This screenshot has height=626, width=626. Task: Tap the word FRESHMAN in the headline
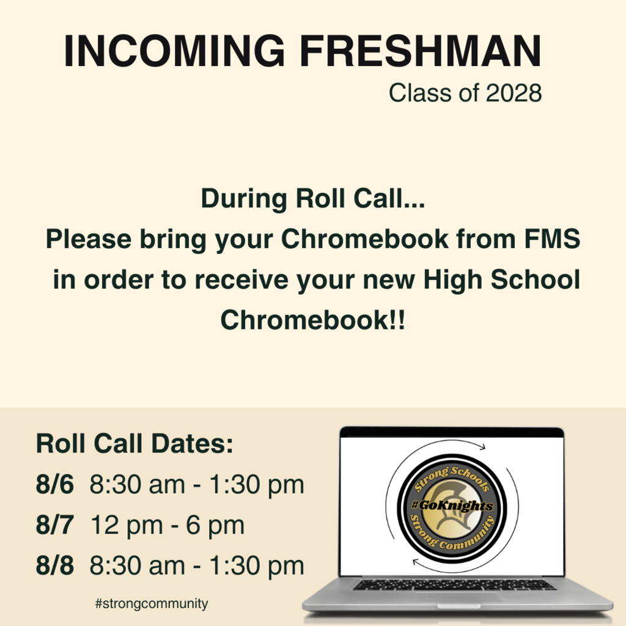coord(421,51)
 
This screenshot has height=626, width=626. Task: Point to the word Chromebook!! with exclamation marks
coord(312,320)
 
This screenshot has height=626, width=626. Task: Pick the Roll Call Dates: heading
coord(135,443)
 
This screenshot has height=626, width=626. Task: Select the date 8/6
coord(55,485)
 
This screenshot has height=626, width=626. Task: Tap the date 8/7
coord(55,525)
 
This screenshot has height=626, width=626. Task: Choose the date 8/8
coord(55,565)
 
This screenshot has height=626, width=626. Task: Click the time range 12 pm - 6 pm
coord(167,525)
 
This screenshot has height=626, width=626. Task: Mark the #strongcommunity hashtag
coord(152,604)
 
